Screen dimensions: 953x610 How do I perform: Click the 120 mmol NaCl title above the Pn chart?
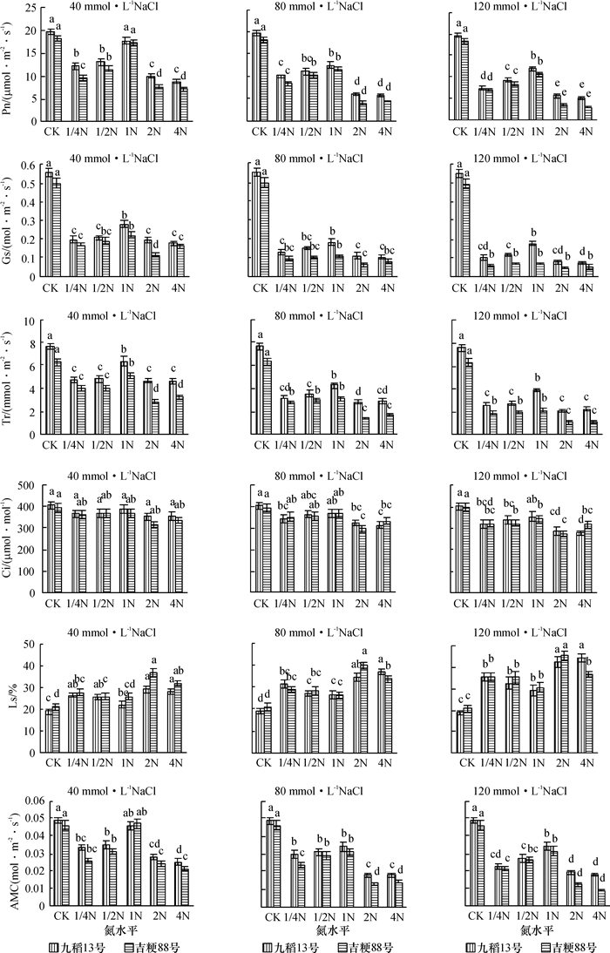(x=515, y=8)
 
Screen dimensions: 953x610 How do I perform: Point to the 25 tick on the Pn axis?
(x=31, y=8)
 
